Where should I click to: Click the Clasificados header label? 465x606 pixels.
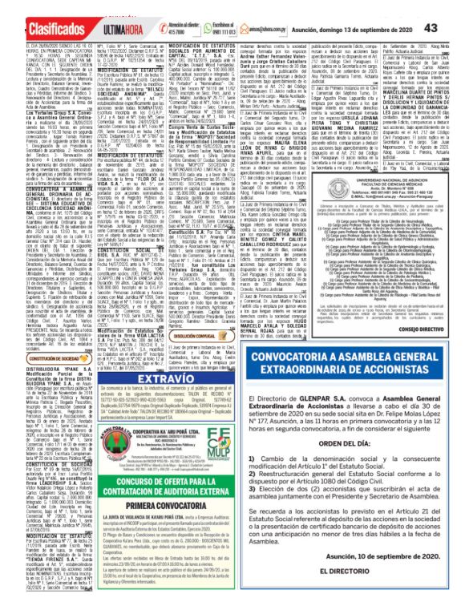(x=38, y=10)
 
